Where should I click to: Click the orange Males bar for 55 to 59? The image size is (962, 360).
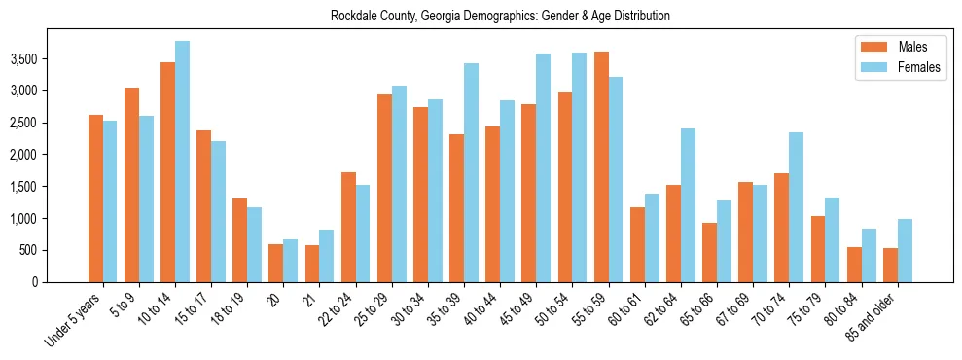[x=601, y=166]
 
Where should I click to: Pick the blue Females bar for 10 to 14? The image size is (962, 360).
[x=182, y=162]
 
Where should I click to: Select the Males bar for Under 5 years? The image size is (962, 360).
[x=95, y=198]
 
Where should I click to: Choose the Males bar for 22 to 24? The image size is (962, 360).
[x=348, y=227]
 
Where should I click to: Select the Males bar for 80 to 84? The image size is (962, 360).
[x=854, y=265]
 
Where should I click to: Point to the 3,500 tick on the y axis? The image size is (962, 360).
[x=52, y=59]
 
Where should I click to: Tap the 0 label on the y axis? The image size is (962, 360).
[x=62, y=282]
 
